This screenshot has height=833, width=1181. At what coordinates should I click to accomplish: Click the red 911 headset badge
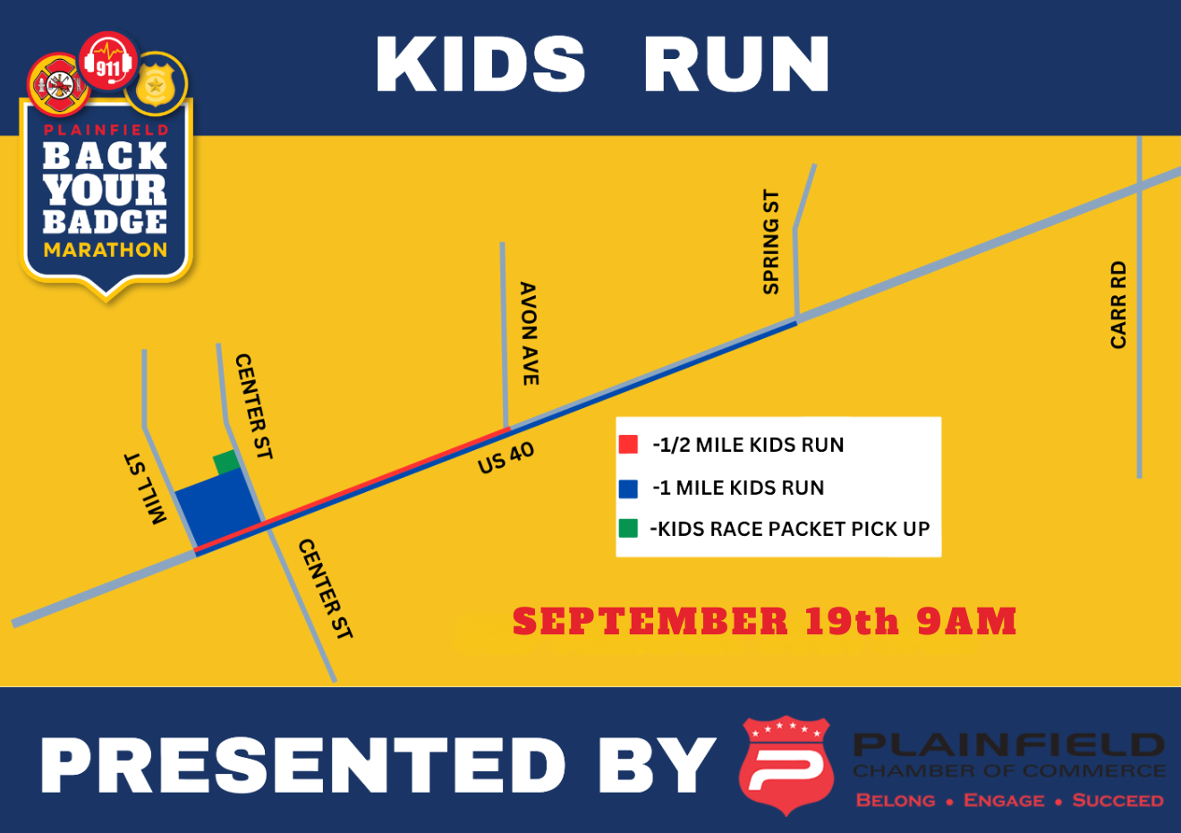(108, 61)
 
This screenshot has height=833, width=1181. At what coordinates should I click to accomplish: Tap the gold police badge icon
(156, 84)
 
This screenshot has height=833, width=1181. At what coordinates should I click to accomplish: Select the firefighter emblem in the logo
(59, 85)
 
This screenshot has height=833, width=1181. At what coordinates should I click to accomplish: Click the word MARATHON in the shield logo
(106, 250)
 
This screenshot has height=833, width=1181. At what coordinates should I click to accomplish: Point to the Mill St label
(145, 489)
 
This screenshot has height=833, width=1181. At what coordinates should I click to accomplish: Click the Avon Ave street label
(529, 334)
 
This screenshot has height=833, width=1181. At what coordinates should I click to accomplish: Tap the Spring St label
(771, 242)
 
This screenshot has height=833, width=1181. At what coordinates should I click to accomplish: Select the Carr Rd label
(1118, 305)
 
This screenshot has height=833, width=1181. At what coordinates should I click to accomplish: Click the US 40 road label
(506, 457)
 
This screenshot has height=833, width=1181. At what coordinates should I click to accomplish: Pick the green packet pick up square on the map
(226, 462)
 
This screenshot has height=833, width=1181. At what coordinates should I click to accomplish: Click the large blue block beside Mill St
(218, 507)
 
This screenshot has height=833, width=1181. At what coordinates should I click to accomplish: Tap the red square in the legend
(628, 444)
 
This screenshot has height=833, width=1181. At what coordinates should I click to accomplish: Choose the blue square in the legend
(628, 489)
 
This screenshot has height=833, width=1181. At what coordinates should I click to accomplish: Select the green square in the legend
(628, 528)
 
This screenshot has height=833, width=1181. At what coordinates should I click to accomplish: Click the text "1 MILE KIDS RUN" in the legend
(742, 488)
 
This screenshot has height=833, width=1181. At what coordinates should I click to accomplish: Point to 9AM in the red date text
(966, 621)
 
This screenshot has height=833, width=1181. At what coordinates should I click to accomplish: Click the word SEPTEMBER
(650, 621)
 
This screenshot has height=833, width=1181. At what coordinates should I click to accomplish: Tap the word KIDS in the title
(480, 64)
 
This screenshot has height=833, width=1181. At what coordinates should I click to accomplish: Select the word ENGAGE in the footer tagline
(1004, 800)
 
